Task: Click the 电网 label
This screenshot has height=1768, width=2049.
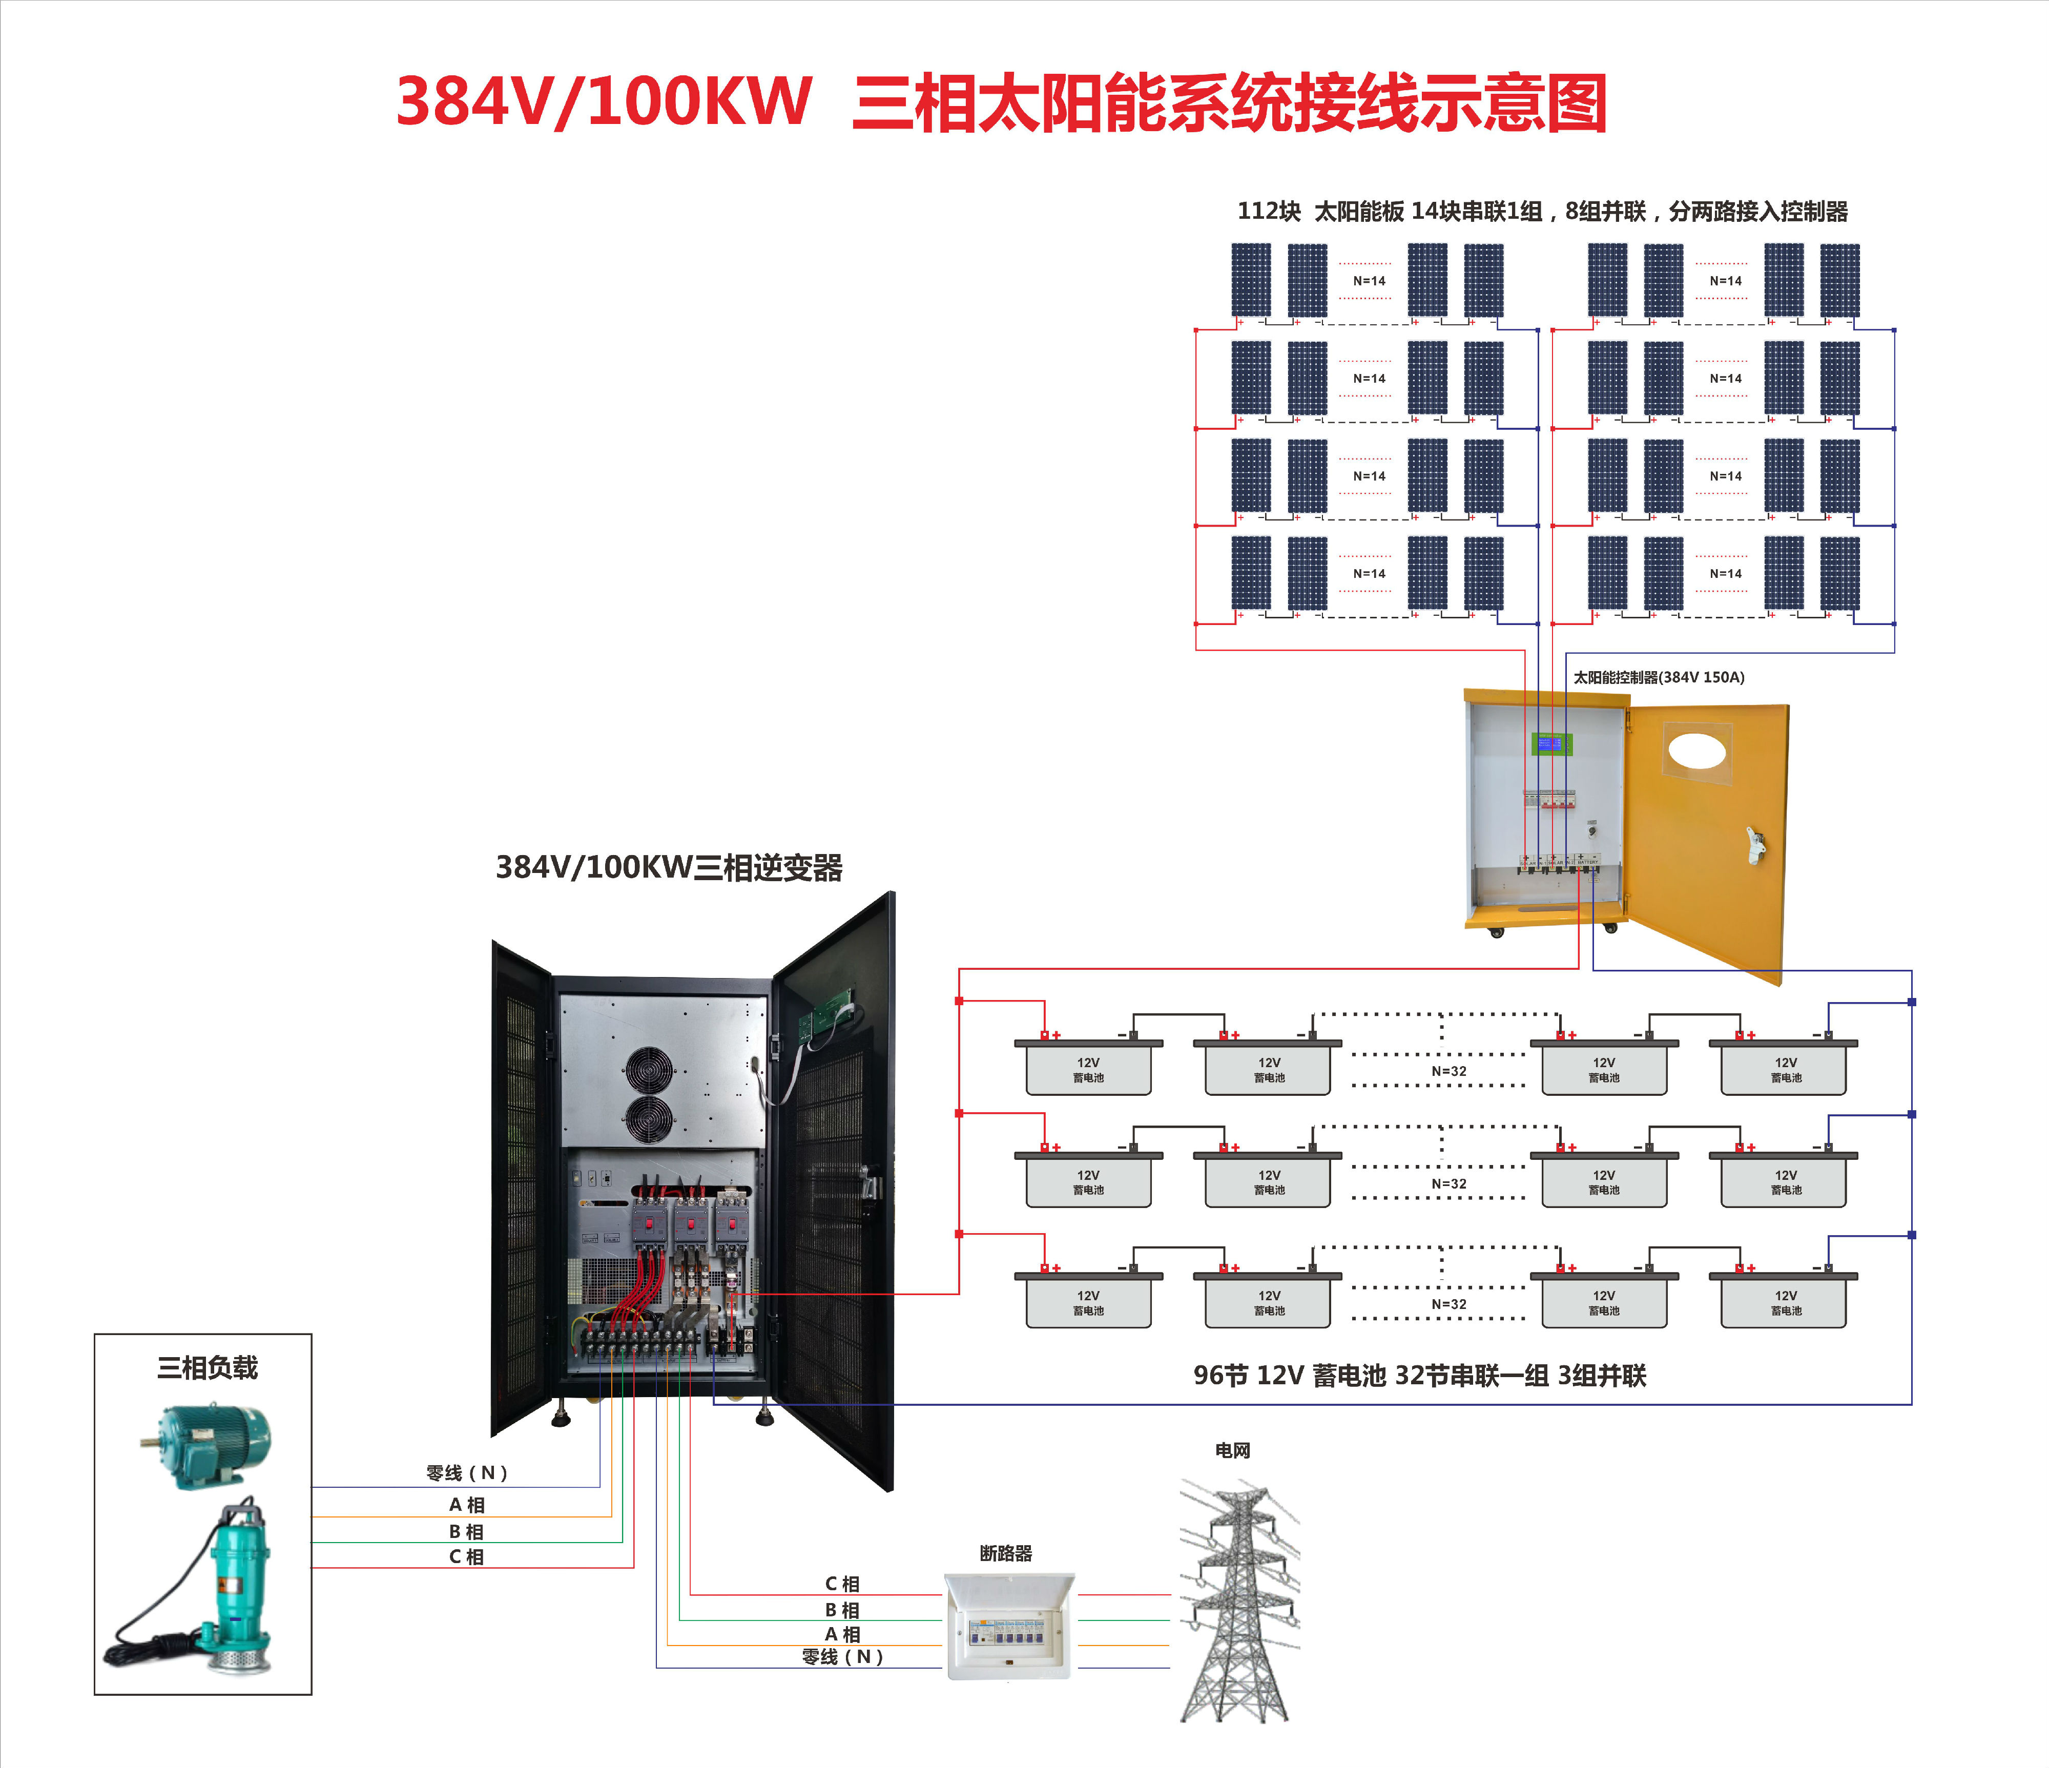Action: pos(1232,1450)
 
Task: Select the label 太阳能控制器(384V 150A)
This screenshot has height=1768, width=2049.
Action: pos(1659,677)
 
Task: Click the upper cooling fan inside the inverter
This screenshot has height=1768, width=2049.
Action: pos(649,1071)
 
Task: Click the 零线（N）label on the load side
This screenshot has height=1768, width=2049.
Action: pos(467,1473)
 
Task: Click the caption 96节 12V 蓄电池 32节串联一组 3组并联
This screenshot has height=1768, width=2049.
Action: pos(1419,1376)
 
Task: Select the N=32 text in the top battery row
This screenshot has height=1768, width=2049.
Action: pos(1448,1071)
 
